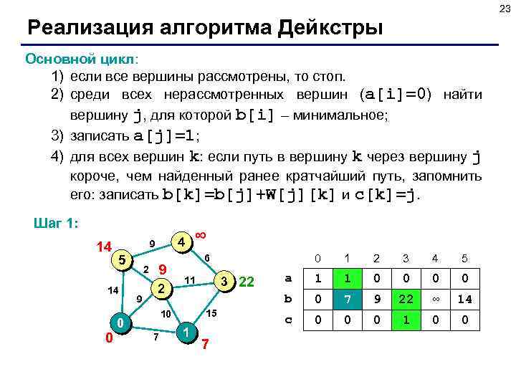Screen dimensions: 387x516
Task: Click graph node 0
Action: pos(121,324)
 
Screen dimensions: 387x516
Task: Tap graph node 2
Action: pos(162,288)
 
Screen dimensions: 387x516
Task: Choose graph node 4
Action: pos(183,242)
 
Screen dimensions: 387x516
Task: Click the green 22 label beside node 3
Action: pos(247,280)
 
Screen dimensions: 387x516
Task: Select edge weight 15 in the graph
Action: pos(211,314)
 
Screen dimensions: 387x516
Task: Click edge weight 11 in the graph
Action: pos(190,278)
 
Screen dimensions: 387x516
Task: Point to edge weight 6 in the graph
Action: pos(206,258)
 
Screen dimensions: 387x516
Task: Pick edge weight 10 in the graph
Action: pos(164,315)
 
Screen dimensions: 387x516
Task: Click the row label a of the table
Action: pos(287,278)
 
